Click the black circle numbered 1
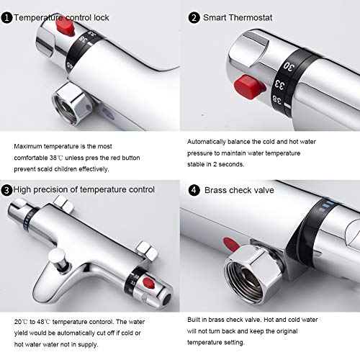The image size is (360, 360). coord(6,14)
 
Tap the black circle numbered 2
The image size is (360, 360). coord(193,14)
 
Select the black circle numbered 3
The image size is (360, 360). coord(6,190)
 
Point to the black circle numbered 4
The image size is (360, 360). coord(193,191)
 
